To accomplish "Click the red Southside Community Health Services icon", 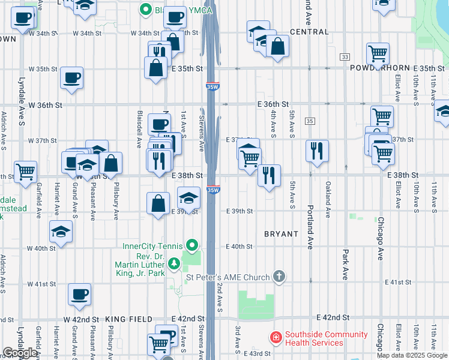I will coord(276,338).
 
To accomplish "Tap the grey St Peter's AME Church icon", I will coord(279,277).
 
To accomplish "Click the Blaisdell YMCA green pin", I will coord(145,9).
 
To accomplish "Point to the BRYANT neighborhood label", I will coord(281,233).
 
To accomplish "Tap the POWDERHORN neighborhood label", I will coord(378,68).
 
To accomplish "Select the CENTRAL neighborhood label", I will coord(309,32).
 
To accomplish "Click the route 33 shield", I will coord(344,56).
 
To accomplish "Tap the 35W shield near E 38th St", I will coord(212,190).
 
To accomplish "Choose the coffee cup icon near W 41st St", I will coord(80,294).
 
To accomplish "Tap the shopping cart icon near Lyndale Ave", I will coord(25,172).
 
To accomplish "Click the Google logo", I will coord(20,353).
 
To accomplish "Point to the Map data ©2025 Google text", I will coord(411,355).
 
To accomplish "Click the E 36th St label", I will coord(273,104).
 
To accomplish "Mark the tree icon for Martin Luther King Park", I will coord(174,263).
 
